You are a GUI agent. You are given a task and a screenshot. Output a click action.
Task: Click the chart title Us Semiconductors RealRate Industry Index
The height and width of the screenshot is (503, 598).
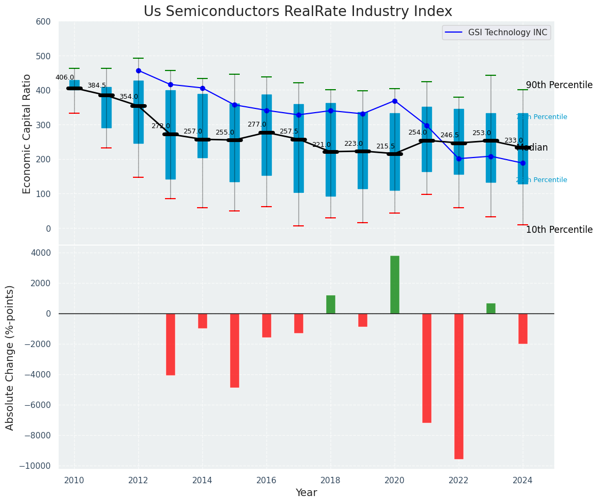[x=298, y=12]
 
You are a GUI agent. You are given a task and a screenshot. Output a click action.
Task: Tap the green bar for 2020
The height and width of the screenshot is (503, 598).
[x=395, y=285]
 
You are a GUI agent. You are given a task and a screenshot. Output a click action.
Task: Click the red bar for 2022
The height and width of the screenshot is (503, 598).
[x=459, y=386]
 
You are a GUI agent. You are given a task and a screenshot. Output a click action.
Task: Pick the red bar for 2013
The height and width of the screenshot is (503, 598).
[x=170, y=344]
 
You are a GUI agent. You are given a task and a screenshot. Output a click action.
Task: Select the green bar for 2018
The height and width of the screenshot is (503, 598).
[x=331, y=304]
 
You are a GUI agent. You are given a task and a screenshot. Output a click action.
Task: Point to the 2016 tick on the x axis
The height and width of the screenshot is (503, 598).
[x=266, y=480]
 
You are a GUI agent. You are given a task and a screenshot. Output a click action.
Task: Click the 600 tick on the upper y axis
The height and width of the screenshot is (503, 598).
[x=43, y=22]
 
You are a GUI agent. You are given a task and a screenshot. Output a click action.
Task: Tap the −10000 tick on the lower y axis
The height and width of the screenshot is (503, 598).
[x=36, y=466]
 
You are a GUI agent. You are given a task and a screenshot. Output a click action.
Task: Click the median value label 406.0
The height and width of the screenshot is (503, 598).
[x=65, y=77]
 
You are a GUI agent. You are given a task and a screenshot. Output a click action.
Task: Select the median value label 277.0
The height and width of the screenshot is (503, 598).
[x=257, y=124]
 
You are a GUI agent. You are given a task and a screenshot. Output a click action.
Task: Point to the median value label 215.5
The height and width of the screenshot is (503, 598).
[x=385, y=146]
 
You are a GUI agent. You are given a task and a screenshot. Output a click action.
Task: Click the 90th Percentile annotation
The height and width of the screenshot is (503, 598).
[x=559, y=85]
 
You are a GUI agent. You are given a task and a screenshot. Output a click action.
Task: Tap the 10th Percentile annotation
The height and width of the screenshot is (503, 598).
[x=559, y=230]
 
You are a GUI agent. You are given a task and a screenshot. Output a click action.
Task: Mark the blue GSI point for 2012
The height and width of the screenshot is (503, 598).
[x=138, y=70]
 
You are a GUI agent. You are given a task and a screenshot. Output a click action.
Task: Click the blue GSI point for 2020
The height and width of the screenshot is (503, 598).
[x=395, y=101]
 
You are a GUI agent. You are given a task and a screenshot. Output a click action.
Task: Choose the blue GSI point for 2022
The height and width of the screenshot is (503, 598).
[x=459, y=159]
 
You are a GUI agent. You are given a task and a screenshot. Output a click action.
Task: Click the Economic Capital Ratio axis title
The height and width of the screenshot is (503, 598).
[x=27, y=133]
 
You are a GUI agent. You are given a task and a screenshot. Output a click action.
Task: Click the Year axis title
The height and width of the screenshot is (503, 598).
[x=306, y=493]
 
